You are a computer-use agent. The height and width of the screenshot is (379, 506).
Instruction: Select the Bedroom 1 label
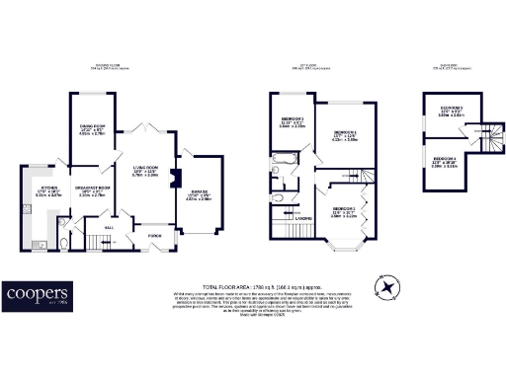tap(344, 134)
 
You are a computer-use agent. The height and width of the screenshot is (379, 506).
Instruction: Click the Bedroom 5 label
tap(451, 109)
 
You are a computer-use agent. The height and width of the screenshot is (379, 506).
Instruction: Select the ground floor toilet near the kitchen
tap(64, 244)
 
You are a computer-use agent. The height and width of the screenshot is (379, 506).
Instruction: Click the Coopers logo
tap(36, 294)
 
